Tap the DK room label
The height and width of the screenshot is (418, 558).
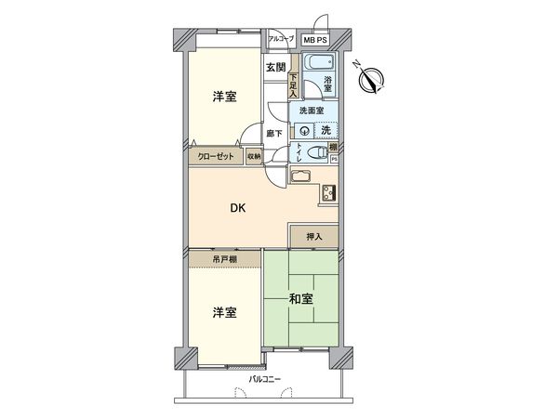239,208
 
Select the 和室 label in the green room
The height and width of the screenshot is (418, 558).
300,298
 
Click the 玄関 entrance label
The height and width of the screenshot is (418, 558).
275,67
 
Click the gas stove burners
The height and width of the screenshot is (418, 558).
329,193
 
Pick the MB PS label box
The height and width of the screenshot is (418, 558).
314,40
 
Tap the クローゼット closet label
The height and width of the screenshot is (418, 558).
216,156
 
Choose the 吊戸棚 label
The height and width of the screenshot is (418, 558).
224,257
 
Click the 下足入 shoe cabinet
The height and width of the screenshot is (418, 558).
292,85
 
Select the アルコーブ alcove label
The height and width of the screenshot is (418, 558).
281,39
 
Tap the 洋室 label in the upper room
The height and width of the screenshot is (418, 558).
223,97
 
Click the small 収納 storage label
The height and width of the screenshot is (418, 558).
254,156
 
